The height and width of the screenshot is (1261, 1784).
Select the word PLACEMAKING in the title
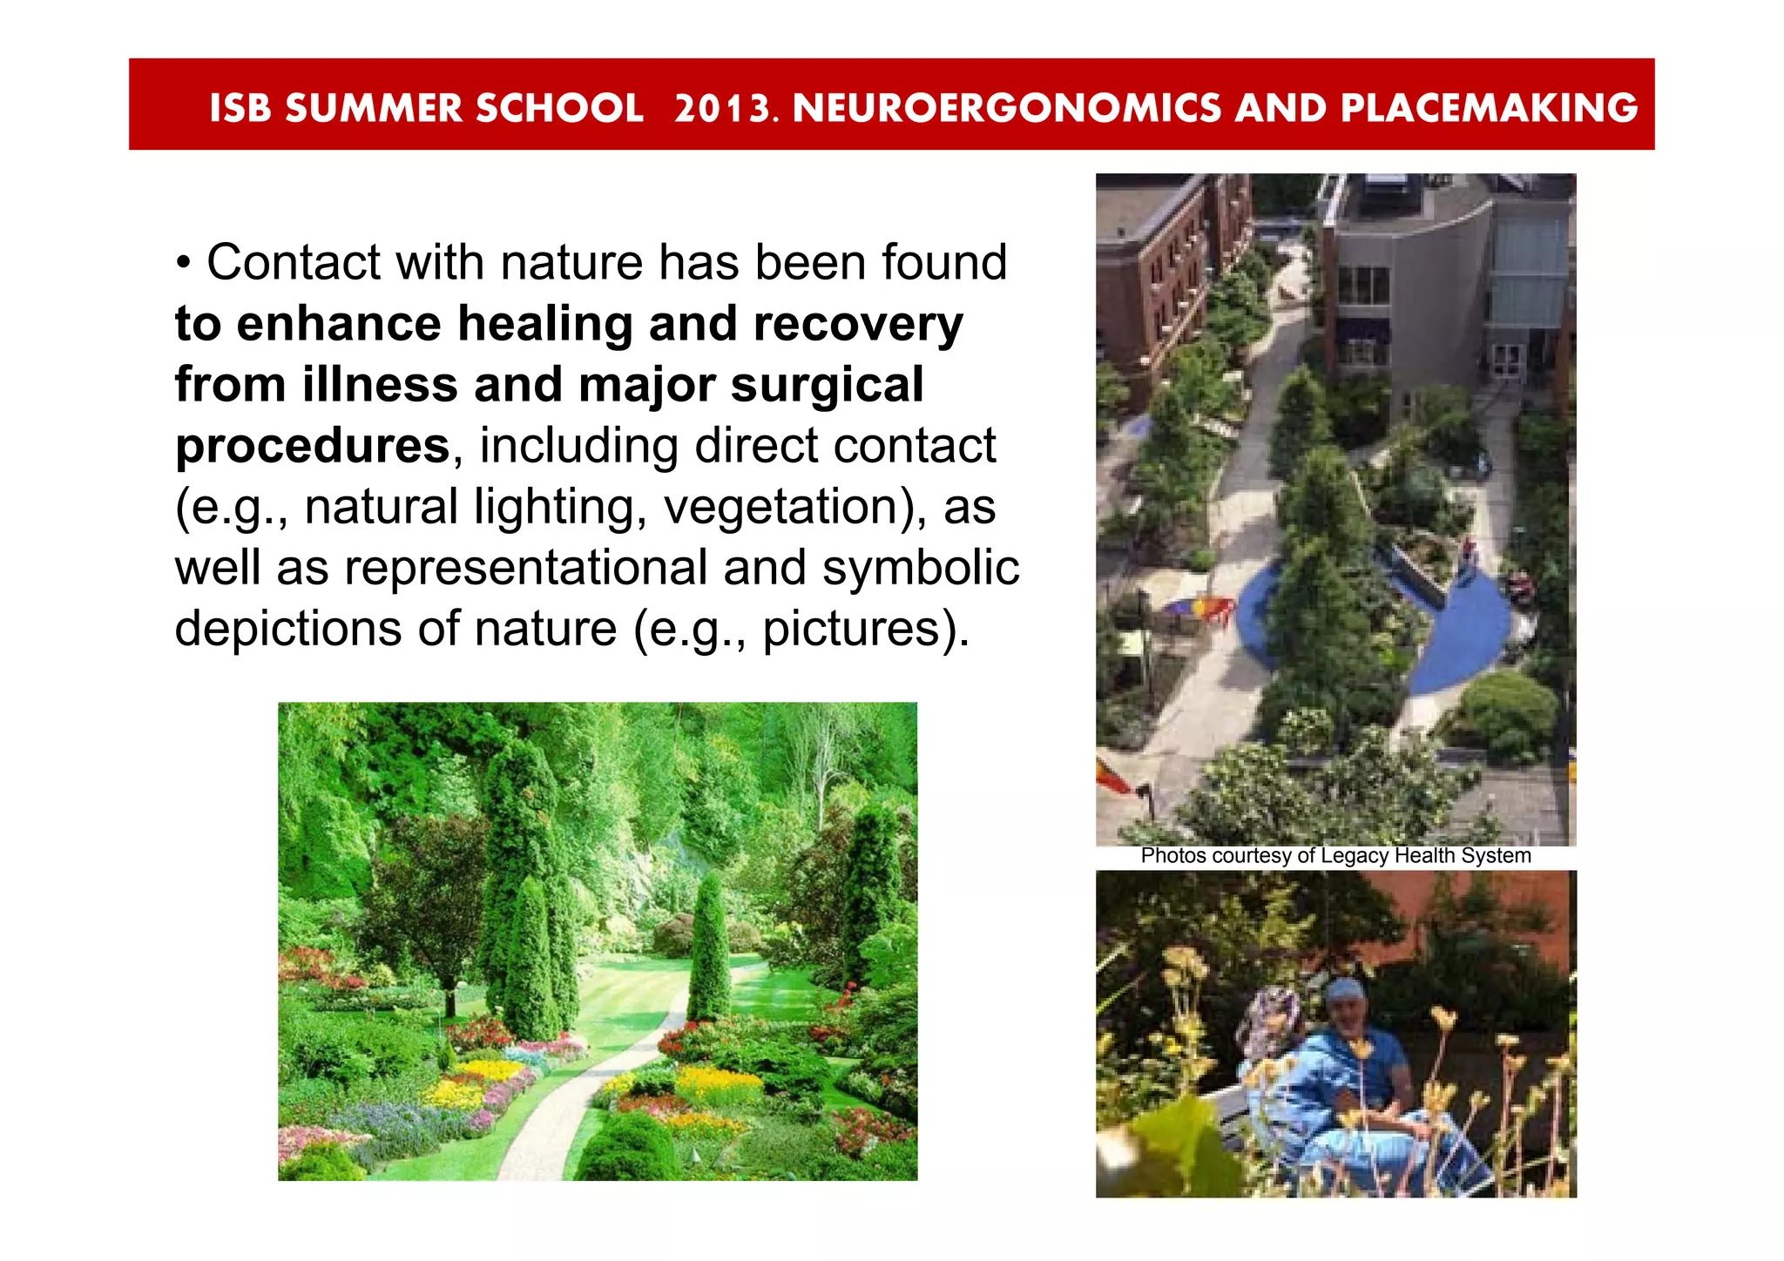(1489, 108)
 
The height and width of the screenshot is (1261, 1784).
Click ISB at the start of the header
(240, 108)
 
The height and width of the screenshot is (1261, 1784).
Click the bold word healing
(545, 324)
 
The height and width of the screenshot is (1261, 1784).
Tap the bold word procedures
(313, 446)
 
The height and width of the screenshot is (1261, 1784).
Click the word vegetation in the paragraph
(787, 507)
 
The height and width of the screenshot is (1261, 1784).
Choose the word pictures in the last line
(854, 629)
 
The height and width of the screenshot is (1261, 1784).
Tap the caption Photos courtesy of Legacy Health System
(1335, 856)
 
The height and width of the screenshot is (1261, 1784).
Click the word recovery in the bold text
(858, 324)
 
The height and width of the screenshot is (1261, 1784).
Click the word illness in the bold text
(380, 385)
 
